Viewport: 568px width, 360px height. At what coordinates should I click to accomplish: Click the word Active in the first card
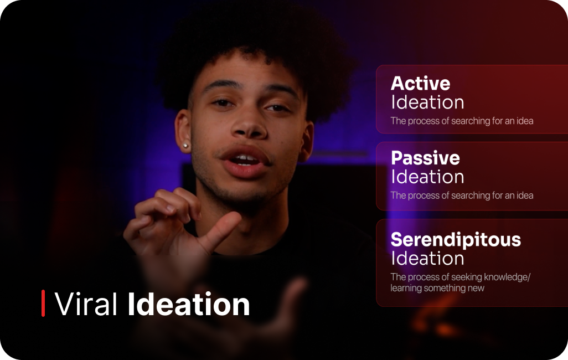420,84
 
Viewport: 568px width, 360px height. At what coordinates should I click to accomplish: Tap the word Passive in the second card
425,158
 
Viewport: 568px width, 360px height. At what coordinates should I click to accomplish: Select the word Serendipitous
456,239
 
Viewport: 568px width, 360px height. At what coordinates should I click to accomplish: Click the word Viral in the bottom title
86,304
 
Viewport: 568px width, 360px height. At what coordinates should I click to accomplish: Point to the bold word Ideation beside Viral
189,304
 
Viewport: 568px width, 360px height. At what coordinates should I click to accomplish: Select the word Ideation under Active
427,102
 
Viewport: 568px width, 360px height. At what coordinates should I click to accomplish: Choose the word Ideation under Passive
427,177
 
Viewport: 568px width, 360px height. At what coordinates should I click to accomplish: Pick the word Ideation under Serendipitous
427,259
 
